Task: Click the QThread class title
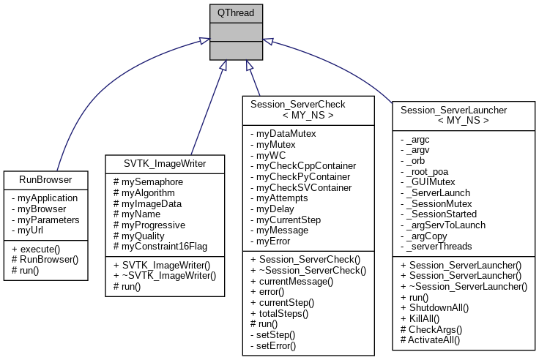[236, 12]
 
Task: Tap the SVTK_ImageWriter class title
[164, 163]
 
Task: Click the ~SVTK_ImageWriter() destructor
[166, 275]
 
